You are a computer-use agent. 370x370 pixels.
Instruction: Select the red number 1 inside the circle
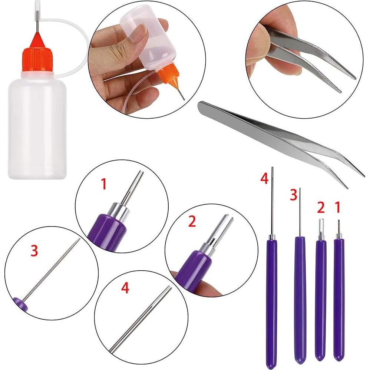pyautogui.click(x=104, y=184)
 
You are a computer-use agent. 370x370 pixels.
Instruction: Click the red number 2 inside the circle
pyautogui.click(x=192, y=221)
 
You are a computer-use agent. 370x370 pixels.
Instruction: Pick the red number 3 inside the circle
pyautogui.click(x=34, y=251)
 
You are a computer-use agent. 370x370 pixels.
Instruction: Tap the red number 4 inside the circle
pyautogui.click(x=125, y=288)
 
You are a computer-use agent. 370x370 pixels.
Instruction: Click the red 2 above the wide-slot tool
pyautogui.click(x=321, y=208)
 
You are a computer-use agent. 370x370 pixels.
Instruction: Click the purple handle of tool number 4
pyautogui.click(x=272, y=297)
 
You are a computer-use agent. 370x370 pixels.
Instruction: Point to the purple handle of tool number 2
pyautogui.click(x=321, y=297)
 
